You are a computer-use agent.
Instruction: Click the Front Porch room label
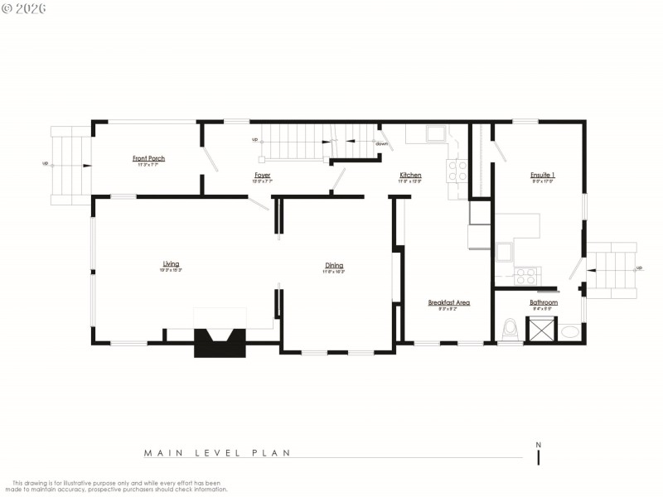point(148,158)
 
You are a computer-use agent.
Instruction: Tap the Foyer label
point(263,175)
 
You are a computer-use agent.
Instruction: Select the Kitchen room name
point(410,175)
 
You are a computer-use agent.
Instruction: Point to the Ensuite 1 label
point(543,175)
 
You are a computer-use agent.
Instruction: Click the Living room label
point(171,264)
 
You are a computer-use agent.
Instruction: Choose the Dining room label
point(334,265)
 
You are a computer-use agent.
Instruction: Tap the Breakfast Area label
point(448,302)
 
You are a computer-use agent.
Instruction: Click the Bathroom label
point(544,302)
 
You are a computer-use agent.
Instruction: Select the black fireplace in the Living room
point(220,341)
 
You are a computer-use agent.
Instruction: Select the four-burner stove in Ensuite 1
point(526,276)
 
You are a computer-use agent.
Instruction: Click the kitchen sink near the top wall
point(433,133)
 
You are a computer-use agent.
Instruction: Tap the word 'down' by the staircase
point(381,144)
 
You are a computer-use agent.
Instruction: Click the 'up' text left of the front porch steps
point(46,163)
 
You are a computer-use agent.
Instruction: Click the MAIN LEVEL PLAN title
point(217,453)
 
